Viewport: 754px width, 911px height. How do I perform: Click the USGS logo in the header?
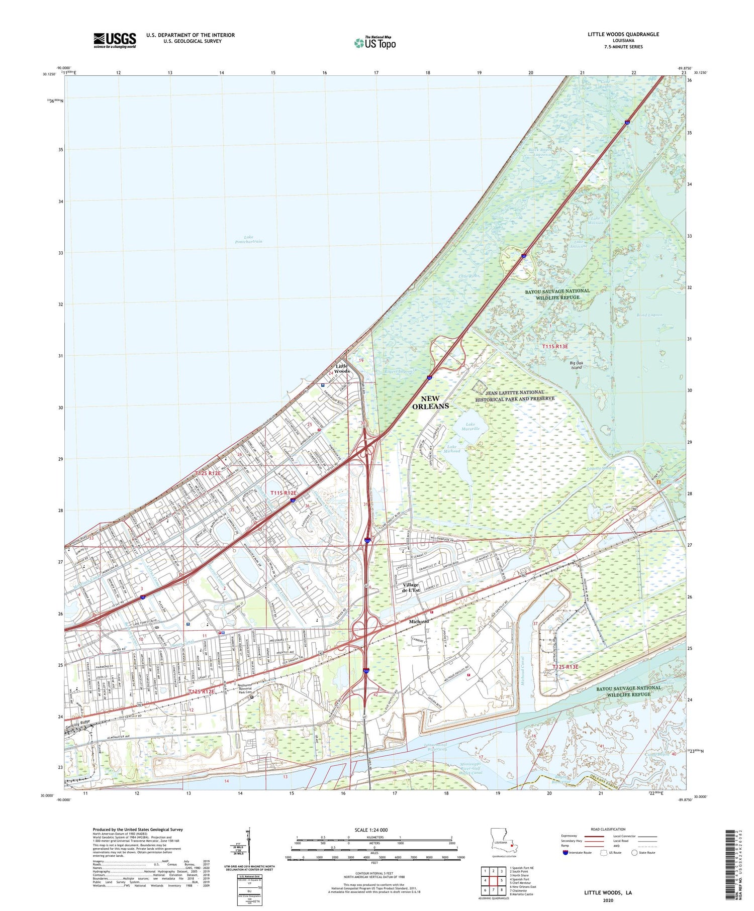click(115, 40)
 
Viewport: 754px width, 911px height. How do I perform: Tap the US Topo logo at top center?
click(374, 43)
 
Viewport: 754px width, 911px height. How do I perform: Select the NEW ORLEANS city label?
click(430, 402)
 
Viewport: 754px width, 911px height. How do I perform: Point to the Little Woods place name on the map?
click(342, 368)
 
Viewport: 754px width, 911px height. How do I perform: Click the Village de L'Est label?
click(411, 587)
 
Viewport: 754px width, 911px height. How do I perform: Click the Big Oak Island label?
click(576, 365)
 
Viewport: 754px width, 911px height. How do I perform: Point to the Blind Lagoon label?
click(649, 315)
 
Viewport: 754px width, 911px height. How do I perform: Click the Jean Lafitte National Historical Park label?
click(515, 395)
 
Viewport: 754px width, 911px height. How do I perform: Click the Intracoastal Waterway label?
click(435, 747)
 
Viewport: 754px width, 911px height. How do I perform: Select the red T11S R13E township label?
click(555, 347)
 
